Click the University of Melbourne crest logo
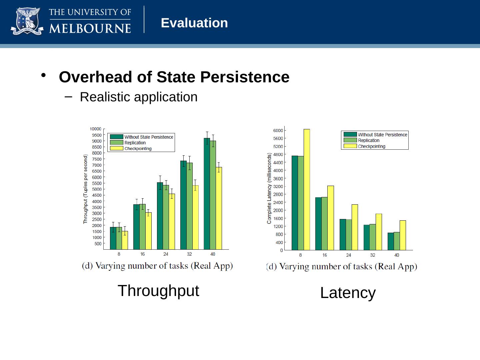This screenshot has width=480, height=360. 27,22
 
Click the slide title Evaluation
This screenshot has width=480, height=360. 194,23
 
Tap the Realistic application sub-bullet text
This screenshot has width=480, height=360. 139,97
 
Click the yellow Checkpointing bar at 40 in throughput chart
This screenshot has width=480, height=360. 219,208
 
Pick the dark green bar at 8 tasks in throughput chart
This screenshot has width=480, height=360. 113,238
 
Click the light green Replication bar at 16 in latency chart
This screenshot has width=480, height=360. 324,223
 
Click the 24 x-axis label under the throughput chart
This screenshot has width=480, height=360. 166,254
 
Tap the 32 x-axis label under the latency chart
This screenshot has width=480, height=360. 373,255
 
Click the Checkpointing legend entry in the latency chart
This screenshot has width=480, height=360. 371,146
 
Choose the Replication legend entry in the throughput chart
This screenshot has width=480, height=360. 135,143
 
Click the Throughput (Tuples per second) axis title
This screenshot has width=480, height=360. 85,189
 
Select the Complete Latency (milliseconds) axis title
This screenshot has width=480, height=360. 269,188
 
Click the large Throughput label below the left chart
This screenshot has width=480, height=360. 158,291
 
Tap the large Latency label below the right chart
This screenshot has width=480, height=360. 348,293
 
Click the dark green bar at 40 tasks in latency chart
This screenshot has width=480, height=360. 391,241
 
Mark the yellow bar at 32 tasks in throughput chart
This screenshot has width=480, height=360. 195,217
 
